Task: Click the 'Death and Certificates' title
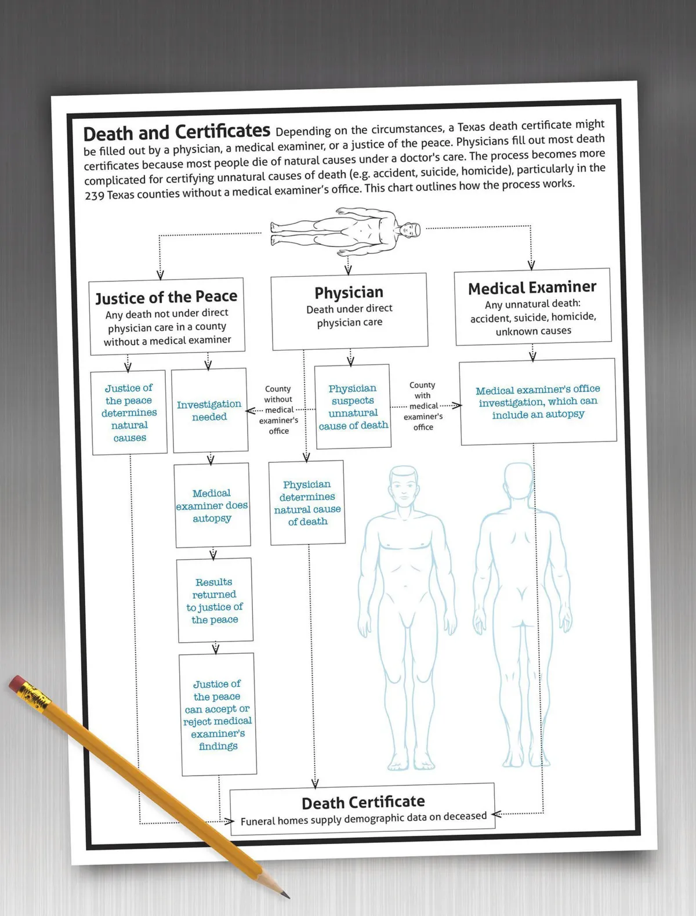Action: click(177, 133)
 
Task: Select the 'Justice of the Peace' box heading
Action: click(166, 298)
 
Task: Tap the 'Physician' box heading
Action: click(349, 292)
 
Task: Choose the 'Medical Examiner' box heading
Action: click(532, 288)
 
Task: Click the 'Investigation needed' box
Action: click(209, 410)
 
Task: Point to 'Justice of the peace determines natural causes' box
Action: click(129, 412)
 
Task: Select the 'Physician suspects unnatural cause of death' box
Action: click(353, 407)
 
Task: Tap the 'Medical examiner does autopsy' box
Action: click(212, 505)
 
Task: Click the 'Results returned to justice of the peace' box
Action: click(215, 600)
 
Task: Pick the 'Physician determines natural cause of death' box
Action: click(307, 503)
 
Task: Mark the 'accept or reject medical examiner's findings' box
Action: click(217, 715)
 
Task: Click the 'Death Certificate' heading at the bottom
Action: click(363, 802)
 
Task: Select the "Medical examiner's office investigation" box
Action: click(538, 401)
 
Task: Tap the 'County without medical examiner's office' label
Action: click(278, 410)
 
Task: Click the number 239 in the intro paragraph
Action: click(95, 195)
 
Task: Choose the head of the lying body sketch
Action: click(409, 230)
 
